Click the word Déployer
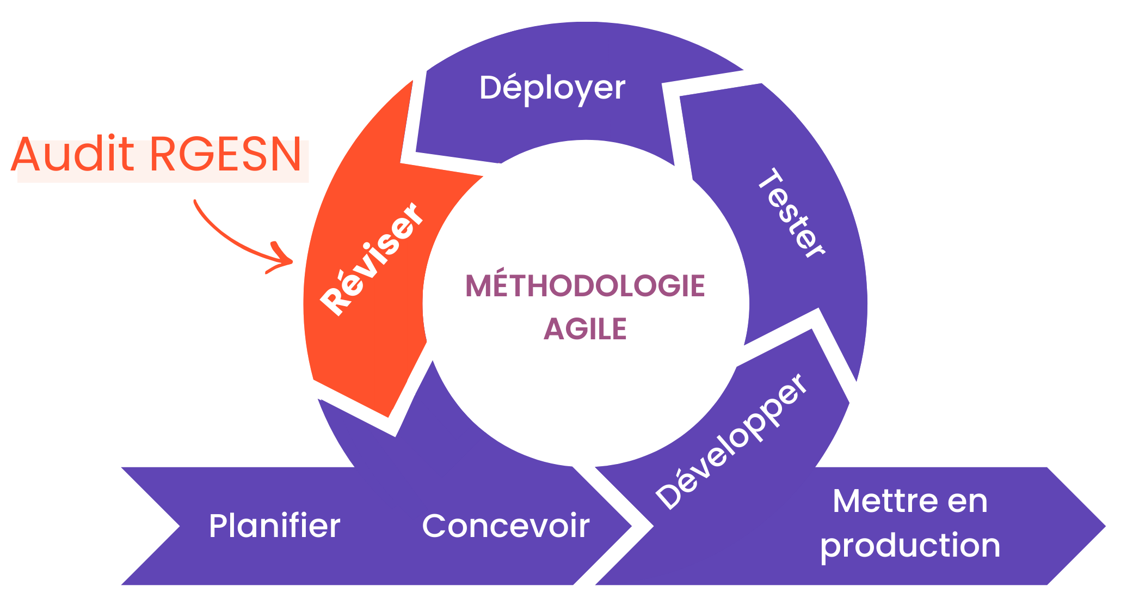pos(552,88)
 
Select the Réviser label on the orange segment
pos(371,259)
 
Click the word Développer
pos(731,441)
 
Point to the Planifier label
pos(274,526)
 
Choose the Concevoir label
pos(506,526)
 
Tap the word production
pos(910,546)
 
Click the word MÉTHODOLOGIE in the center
pos(585,286)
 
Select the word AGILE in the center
pos(585,329)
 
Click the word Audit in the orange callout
pos(72,155)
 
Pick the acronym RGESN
pos(225,155)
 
